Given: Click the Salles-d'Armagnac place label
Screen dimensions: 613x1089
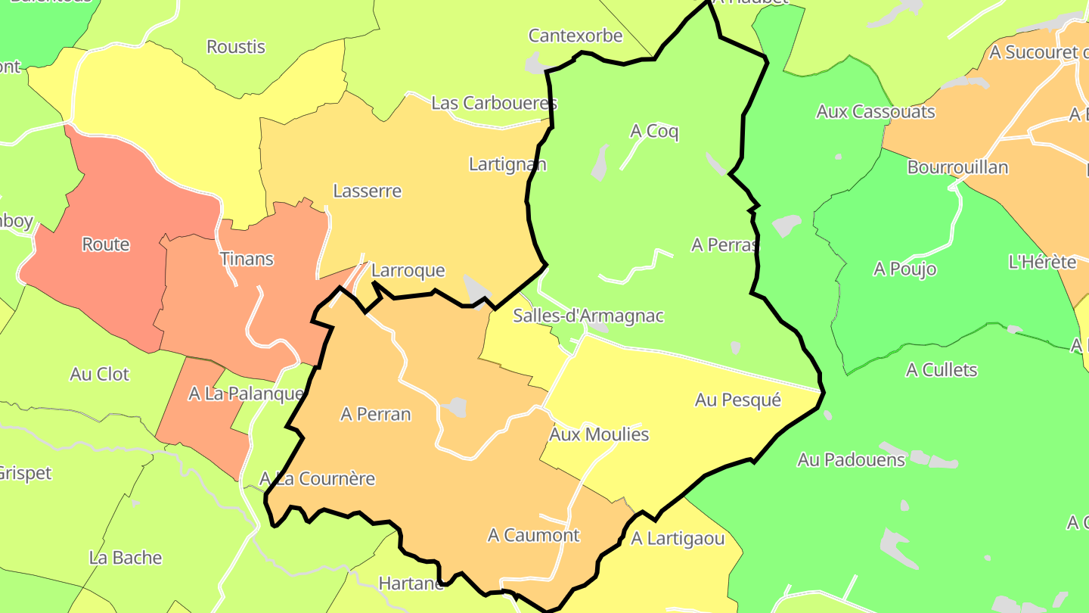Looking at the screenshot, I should point(588,316).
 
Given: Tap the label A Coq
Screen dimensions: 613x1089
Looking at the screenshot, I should point(654,132).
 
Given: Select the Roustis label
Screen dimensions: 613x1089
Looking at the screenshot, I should point(236,47).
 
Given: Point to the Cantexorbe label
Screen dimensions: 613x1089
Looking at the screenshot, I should point(575,36).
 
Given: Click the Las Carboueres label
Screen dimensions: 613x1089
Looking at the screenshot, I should point(494,103).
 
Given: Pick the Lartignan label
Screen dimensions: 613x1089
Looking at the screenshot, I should point(507,164).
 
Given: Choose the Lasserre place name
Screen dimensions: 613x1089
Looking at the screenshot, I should point(367,191).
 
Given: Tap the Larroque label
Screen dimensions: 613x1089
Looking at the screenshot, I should point(408,271).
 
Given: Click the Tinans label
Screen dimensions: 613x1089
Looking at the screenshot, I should point(247,259).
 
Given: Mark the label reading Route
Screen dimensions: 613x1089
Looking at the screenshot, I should point(106,244).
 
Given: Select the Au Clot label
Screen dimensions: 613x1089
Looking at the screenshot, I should point(100,374).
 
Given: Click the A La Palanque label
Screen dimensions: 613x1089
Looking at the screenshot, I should point(246,394).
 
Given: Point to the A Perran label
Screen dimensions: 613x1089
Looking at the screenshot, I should point(376,414).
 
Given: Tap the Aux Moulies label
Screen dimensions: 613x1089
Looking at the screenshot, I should point(599,434).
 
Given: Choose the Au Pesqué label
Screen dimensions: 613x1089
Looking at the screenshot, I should point(737,400).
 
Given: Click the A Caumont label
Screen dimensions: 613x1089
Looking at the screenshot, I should point(533,535).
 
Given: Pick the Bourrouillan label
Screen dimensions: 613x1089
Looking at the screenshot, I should point(957,167).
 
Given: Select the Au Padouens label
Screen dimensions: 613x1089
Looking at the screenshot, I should point(851,459).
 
